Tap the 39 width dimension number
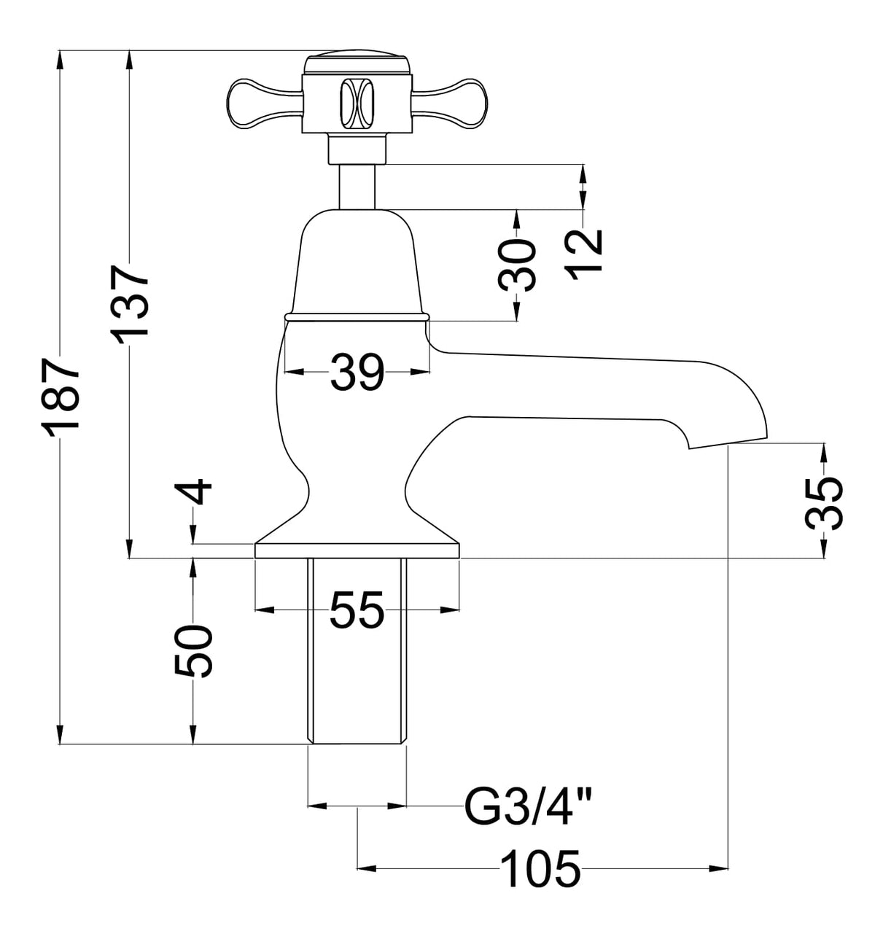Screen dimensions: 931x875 (357, 371)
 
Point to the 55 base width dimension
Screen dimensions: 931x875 (357, 609)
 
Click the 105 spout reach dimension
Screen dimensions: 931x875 (540, 868)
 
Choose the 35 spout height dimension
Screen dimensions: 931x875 (824, 502)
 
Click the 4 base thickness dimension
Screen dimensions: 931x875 (194, 494)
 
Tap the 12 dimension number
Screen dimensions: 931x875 (584, 251)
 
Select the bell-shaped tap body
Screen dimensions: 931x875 (357, 262)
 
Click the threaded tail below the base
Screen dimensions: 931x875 (357, 649)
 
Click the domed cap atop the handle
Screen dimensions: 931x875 (357, 60)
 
